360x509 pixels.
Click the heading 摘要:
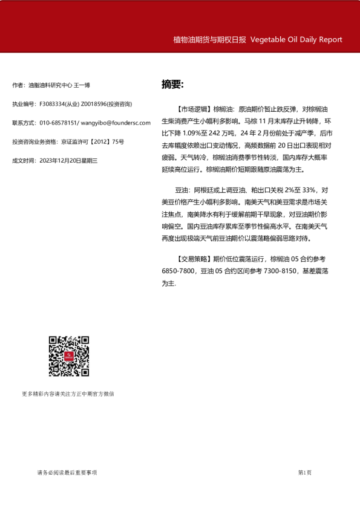172,84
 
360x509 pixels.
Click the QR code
69,356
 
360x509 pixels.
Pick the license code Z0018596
91,104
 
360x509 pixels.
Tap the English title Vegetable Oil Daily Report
296,40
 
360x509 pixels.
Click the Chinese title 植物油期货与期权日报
209,40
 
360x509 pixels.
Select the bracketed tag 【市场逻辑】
190,109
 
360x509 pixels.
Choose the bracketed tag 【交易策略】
190,259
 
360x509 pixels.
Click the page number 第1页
305,472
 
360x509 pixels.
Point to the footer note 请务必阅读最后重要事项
67,472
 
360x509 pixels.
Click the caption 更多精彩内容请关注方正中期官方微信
68,394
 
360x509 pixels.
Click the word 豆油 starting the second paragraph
182,190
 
